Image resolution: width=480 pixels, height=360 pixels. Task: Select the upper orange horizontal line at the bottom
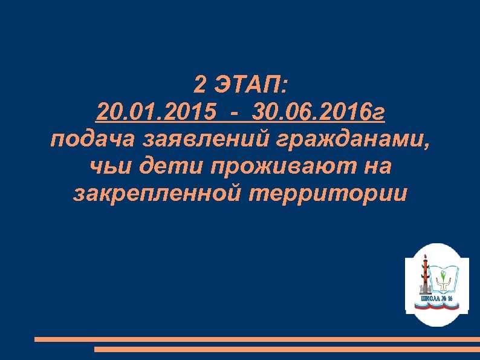point(257,339)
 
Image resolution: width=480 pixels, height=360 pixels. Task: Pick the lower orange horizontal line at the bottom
point(287,349)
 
